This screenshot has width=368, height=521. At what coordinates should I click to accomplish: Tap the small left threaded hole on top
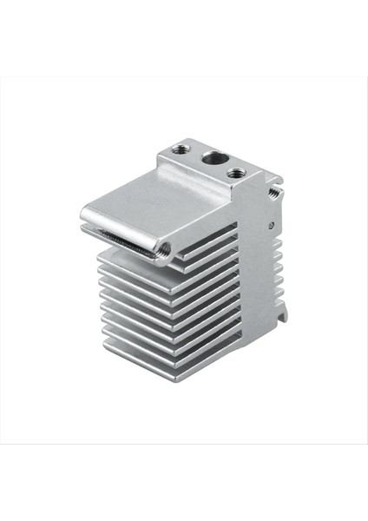[180, 149]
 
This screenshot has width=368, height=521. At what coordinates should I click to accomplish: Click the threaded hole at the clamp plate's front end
[163, 253]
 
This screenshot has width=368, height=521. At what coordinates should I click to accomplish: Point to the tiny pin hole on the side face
[271, 225]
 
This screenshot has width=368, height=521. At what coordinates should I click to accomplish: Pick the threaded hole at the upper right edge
[273, 191]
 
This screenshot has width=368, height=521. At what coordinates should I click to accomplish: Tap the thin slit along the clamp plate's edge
[122, 241]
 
